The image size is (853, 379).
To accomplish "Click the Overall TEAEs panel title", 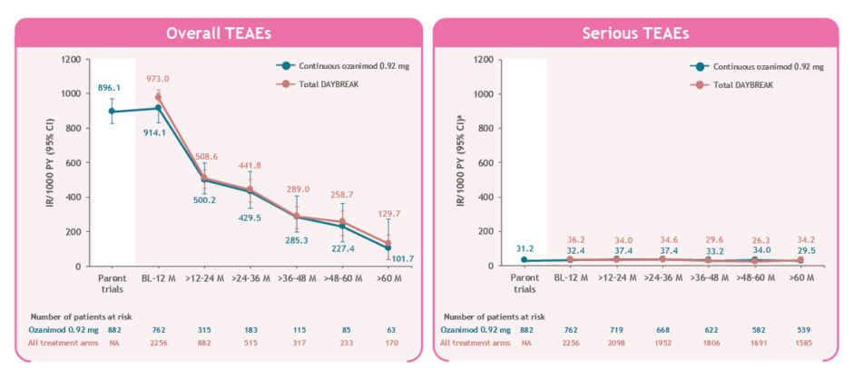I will click(219, 34).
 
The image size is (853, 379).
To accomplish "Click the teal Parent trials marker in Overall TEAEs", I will click(112, 112).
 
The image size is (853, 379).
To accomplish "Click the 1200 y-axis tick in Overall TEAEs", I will click(70, 60).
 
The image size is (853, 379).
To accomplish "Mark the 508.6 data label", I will click(207, 156).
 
